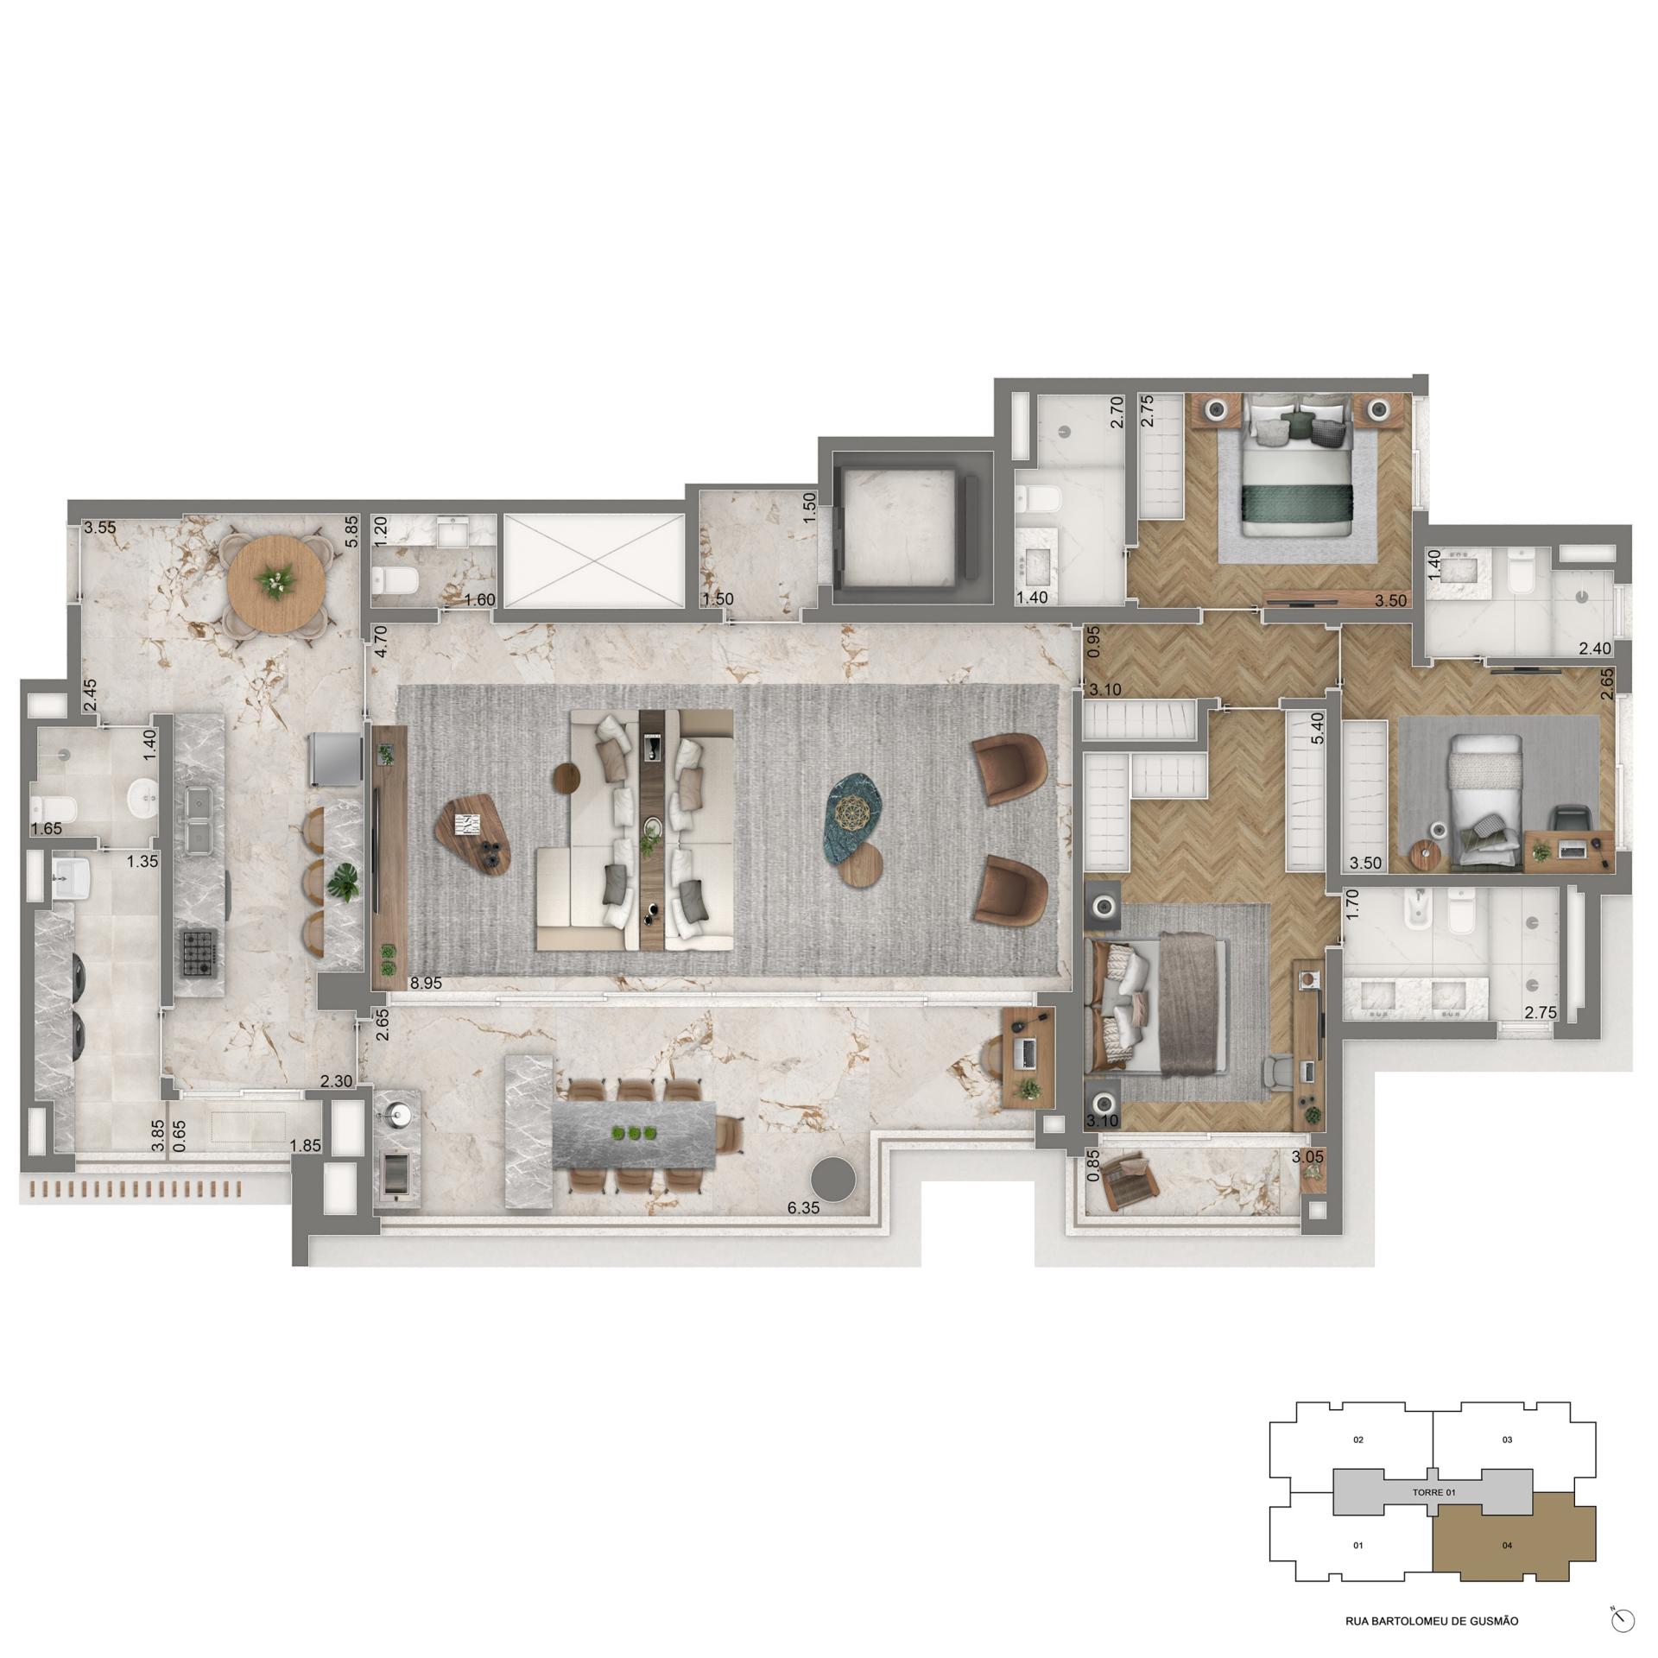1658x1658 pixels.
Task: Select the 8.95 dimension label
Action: coord(427,983)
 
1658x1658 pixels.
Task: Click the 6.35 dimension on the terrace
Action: coord(803,1208)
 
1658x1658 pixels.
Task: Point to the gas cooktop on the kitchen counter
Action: coord(198,952)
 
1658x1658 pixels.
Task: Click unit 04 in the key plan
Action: coord(1507,1545)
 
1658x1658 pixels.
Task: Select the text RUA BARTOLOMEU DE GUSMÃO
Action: coord(1432,1621)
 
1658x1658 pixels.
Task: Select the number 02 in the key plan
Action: coord(1358,1440)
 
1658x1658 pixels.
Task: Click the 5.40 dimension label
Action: coord(1318,730)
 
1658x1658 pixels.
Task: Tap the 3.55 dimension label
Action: coord(99,527)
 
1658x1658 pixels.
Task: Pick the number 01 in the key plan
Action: coord(1358,1545)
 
